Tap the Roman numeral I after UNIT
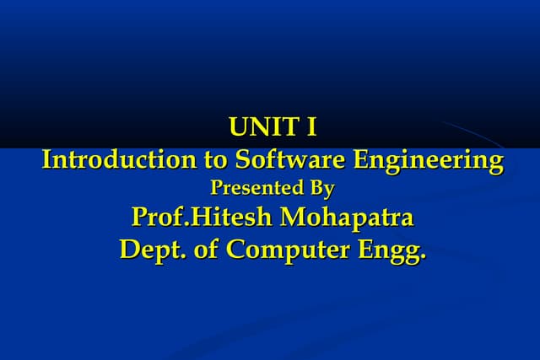[x=311, y=128]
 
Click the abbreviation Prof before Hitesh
[x=159, y=218]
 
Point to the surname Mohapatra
[x=347, y=219]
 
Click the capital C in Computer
[x=237, y=250]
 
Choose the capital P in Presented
[x=215, y=188]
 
